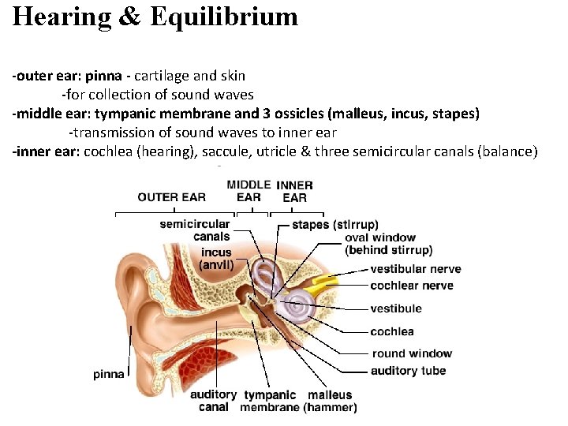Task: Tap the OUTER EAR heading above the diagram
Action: [x=171, y=197]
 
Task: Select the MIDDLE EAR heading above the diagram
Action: [x=248, y=191]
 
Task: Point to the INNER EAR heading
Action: [x=294, y=192]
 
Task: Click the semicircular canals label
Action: [x=195, y=230]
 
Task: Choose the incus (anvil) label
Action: [x=215, y=259]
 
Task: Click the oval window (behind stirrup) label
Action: [x=388, y=244]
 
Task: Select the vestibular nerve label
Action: [x=416, y=269]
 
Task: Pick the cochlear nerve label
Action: [x=412, y=285]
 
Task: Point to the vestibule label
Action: [x=396, y=308]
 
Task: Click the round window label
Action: [x=412, y=353]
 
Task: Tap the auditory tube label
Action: [x=408, y=370]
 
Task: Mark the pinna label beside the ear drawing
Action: [x=109, y=374]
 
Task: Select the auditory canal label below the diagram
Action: [x=213, y=401]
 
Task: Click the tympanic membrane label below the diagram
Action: [x=271, y=401]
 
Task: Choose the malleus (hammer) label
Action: [x=331, y=401]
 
